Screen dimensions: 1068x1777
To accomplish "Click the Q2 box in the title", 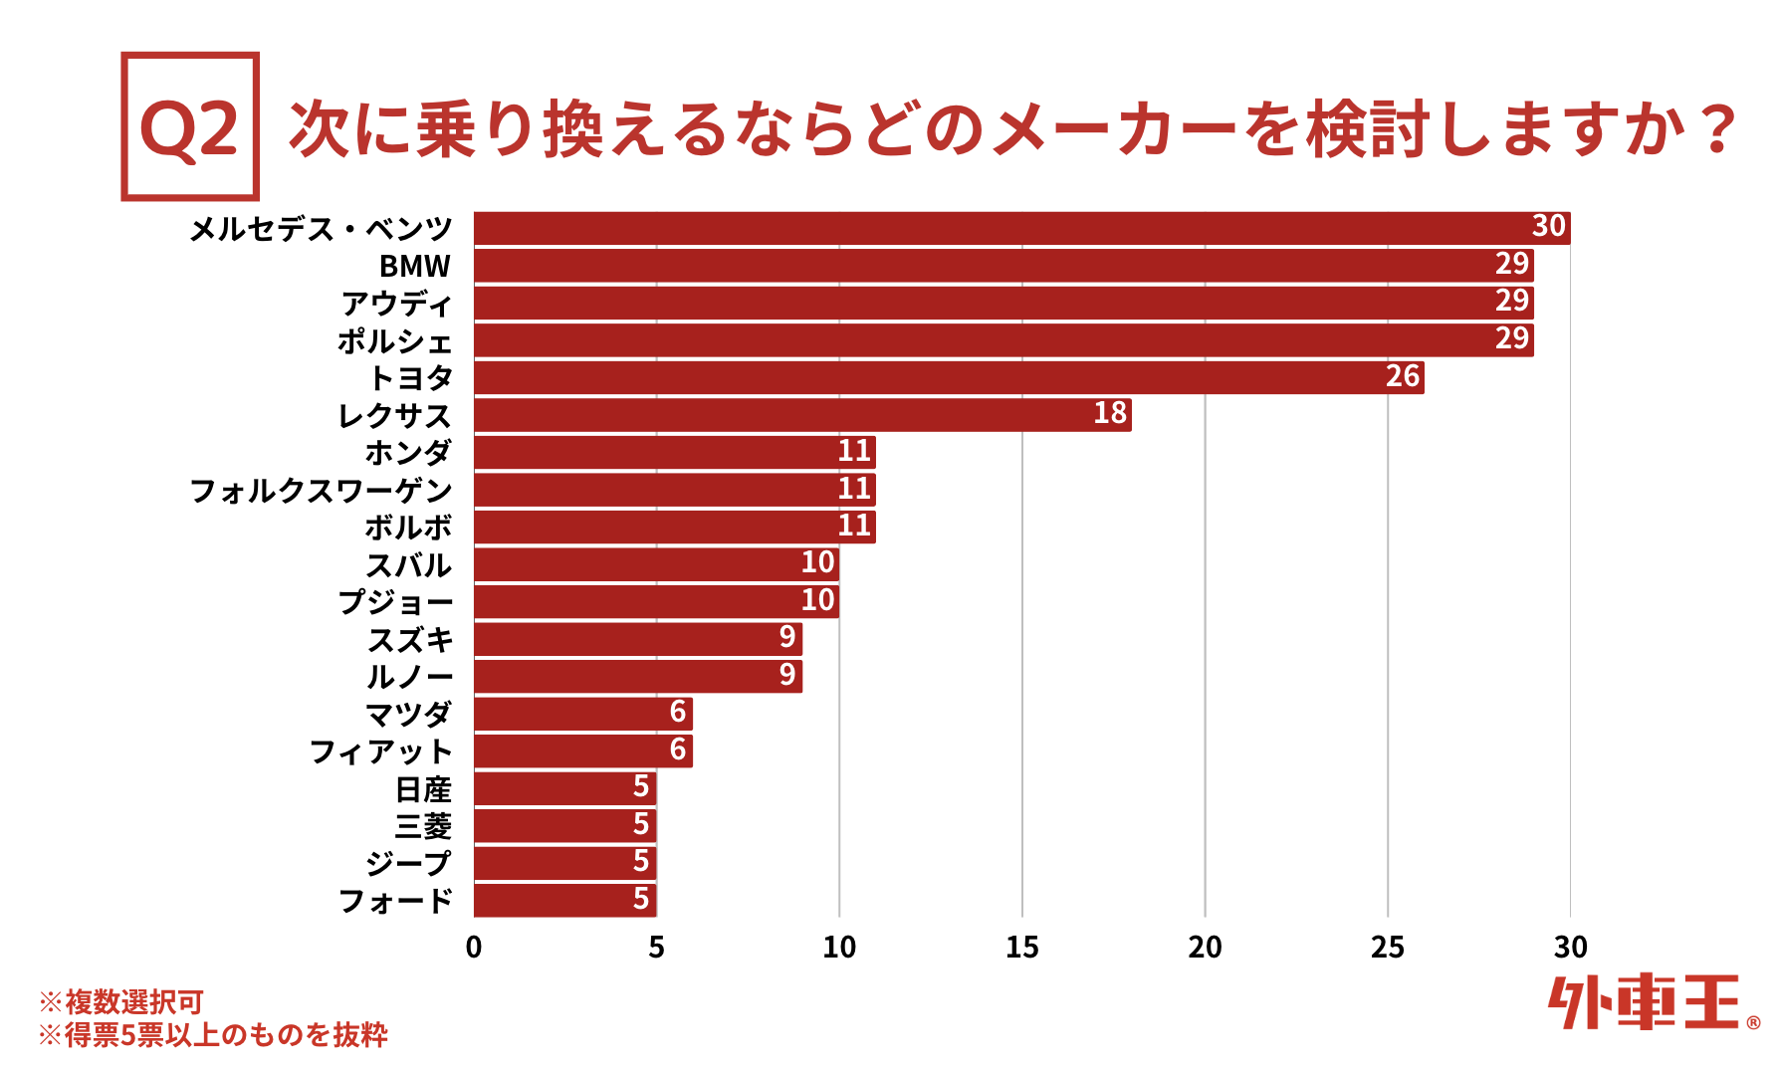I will pyautogui.click(x=190, y=126).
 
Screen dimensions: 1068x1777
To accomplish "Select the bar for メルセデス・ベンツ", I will pyautogui.click(x=1021, y=228).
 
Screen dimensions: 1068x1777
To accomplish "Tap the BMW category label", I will pyautogui.click(x=415, y=267).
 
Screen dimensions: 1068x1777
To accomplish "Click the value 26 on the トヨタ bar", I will pyautogui.click(x=1402, y=376).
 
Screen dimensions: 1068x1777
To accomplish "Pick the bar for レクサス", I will pyautogui.click(x=802, y=414).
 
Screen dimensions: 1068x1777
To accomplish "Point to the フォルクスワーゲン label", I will pyautogui.click(x=321, y=490).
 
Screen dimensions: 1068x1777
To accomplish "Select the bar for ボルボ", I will pyautogui.click(x=674, y=527).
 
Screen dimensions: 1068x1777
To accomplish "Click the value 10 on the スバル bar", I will pyautogui.click(x=817, y=563).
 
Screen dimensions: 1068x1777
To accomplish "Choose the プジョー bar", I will pyautogui.click(x=656, y=601).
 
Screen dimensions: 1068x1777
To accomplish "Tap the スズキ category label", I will pyautogui.click(x=410, y=639).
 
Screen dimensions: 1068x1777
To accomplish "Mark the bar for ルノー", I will pyautogui.click(x=637, y=676).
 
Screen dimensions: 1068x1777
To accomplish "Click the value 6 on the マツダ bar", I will pyautogui.click(x=678, y=713).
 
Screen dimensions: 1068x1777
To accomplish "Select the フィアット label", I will pyautogui.click(x=381, y=751).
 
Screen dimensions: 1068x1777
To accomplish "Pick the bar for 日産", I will pyautogui.click(x=564, y=788).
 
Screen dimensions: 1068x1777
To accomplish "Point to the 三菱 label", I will pyautogui.click(x=423, y=826).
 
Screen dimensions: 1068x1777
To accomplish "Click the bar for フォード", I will pyautogui.click(x=564, y=900).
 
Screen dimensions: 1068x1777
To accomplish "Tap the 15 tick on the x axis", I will pyautogui.click(x=1021, y=947).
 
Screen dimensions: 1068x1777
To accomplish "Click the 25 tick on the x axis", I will pyautogui.click(x=1387, y=947).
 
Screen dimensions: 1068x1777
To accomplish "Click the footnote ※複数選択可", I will pyautogui.click(x=121, y=1001).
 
